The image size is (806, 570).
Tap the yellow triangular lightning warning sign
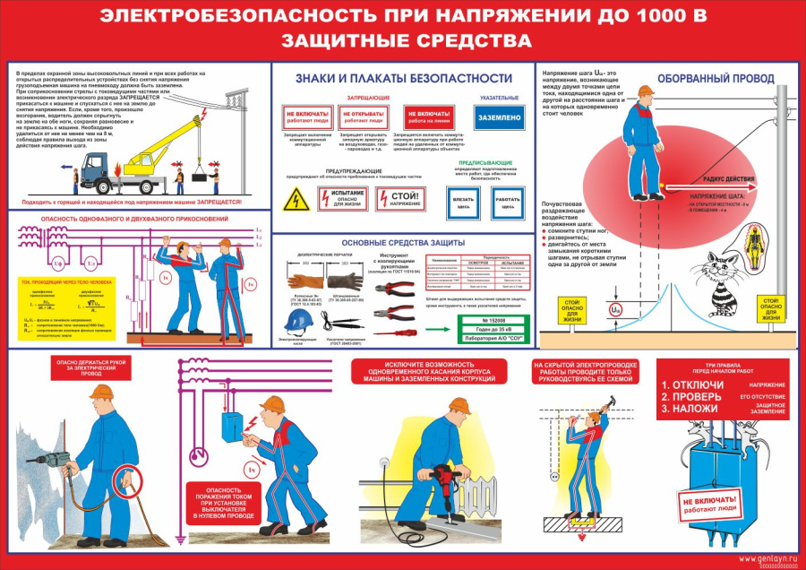pyautogui.click(x=293, y=202)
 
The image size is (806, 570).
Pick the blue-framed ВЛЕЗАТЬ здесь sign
pyautogui.click(x=463, y=203)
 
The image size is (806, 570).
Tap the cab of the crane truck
pyautogui.click(x=96, y=166)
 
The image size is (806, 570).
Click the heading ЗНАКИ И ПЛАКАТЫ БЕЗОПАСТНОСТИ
pyautogui.click(x=404, y=79)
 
